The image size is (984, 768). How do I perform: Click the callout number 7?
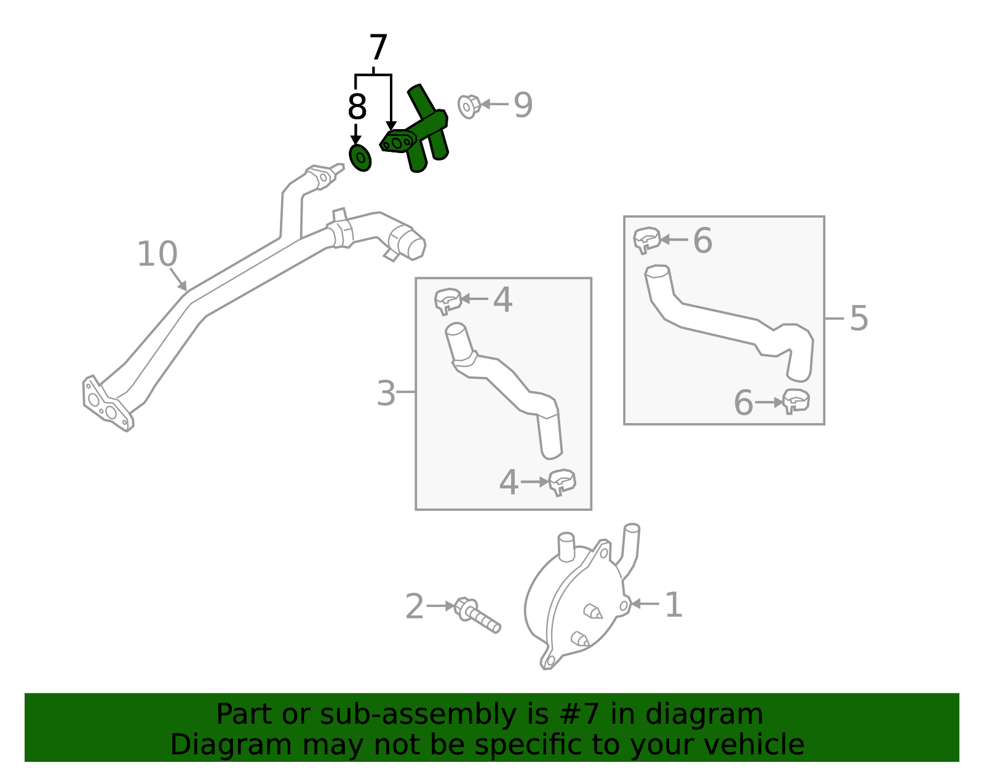coord(378,48)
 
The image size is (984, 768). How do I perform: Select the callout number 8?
coord(357,107)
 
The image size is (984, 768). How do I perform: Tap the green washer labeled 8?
coord(360,158)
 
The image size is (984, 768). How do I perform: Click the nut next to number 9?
coord(469,106)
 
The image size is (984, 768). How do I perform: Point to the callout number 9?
coord(523,105)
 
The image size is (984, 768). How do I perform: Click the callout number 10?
coord(157,254)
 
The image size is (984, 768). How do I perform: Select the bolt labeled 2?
coord(477,616)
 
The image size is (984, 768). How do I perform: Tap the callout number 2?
coord(415,607)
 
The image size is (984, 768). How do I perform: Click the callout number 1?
coord(674,605)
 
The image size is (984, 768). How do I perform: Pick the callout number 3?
coord(386,394)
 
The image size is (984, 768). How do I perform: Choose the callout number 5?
coord(859,319)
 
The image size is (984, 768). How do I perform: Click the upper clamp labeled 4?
coord(448,301)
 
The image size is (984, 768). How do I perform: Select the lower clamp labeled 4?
coord(561,481)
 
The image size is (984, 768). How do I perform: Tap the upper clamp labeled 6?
coord(646,240)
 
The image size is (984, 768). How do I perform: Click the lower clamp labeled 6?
coord(796,402)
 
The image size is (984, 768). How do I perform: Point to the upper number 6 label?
coord(702,240)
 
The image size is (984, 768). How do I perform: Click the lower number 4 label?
coord(509,483)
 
